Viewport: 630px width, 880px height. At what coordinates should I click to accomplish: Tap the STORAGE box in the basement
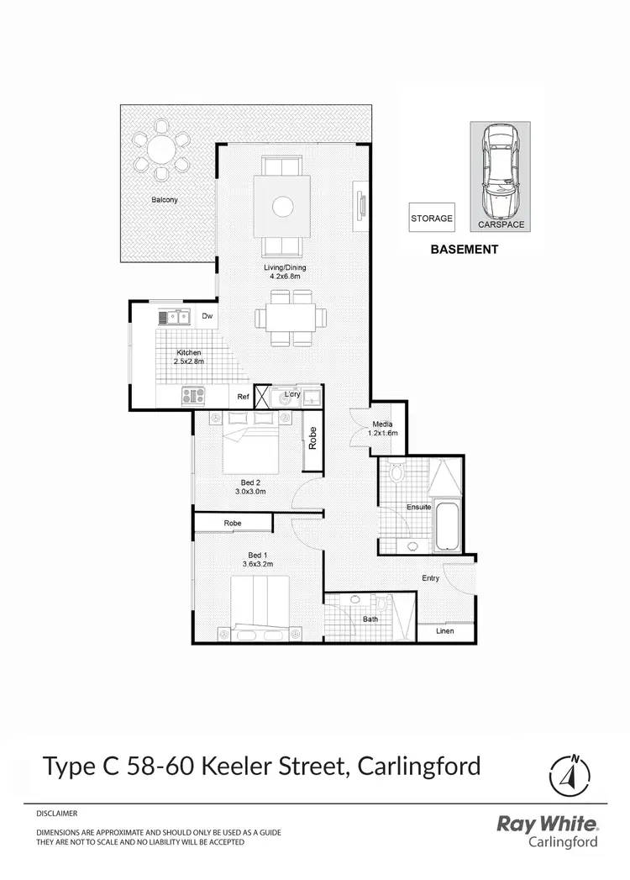pos(432,219)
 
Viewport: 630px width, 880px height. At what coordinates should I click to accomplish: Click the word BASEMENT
pos(465,250)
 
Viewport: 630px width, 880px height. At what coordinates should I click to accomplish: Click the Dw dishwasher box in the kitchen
pos(207,316)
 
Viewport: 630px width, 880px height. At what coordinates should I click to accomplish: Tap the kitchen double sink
pos(175,317)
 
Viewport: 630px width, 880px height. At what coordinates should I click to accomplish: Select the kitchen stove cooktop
pos(193,395)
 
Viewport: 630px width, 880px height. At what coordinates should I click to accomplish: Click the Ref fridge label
pos(243,396)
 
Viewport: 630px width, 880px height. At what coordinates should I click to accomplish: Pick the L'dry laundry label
pos(292,394)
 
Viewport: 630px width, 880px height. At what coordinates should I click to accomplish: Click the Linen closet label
pos(445,633)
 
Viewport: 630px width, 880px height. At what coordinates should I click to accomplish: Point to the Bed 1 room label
pos(258,556)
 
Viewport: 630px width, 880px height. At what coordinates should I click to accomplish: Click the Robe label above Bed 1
pos(233,523)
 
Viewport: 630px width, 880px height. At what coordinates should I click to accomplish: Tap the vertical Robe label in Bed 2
pos(312,439)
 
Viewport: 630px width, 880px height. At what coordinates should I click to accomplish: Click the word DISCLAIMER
pos(57,814)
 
